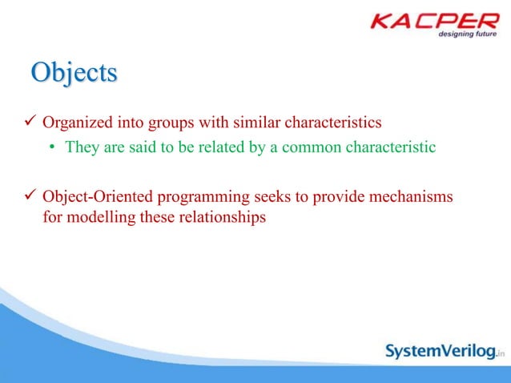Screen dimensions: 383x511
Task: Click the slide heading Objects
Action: tap(74, 73)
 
